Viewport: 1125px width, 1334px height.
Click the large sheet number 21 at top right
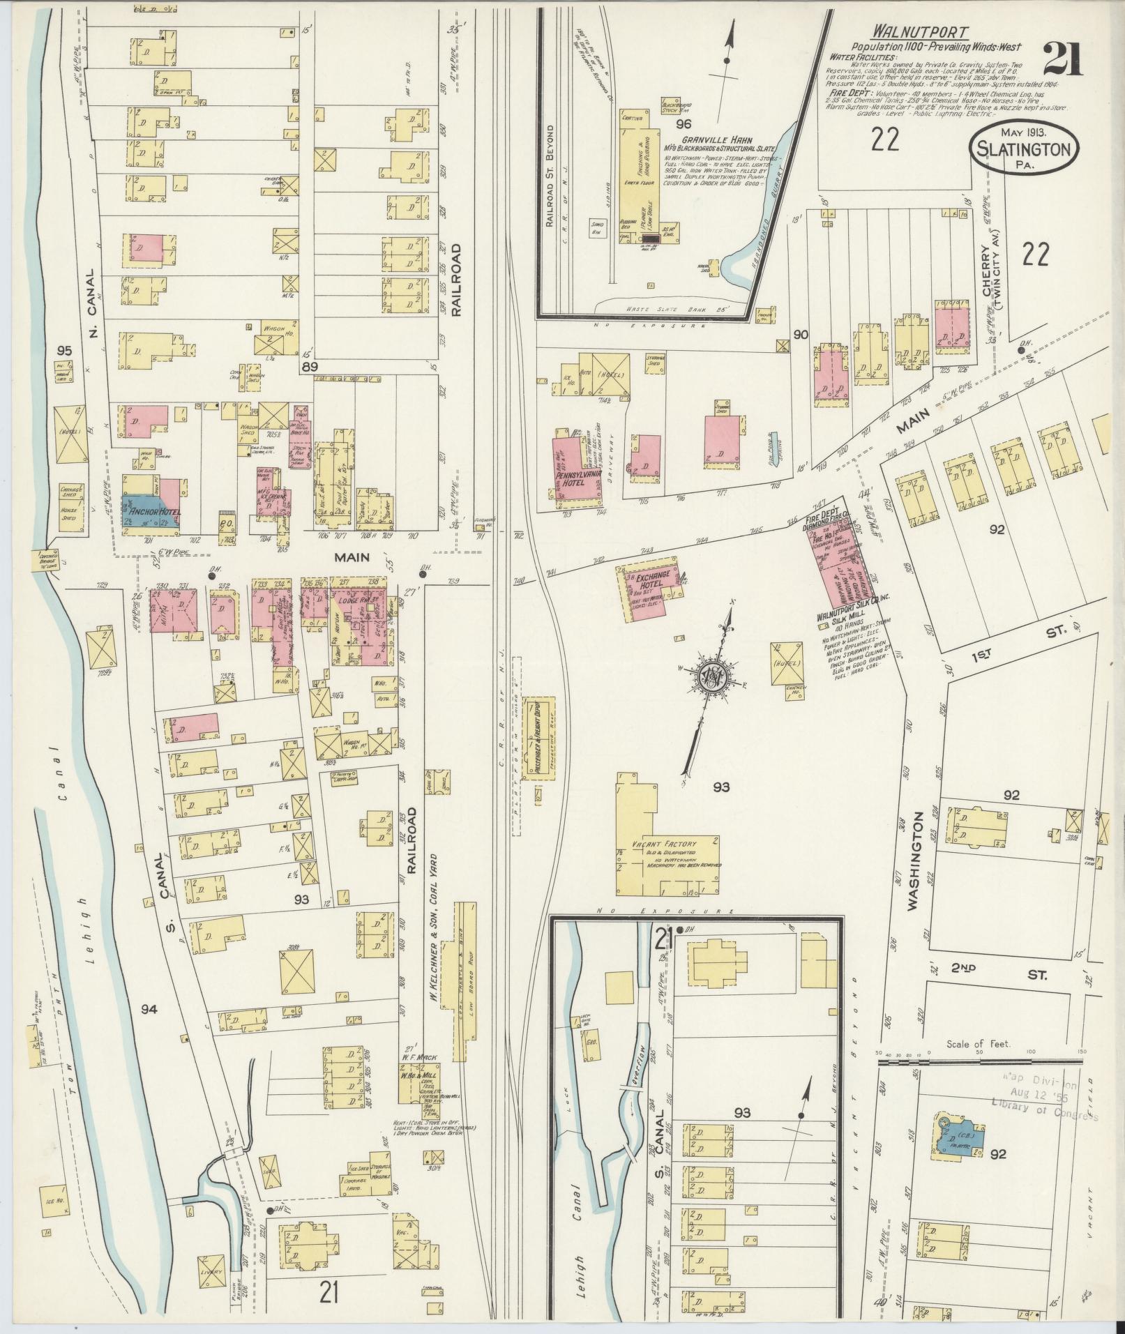(1062, 59)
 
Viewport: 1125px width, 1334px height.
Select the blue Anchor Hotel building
(150, 515)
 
